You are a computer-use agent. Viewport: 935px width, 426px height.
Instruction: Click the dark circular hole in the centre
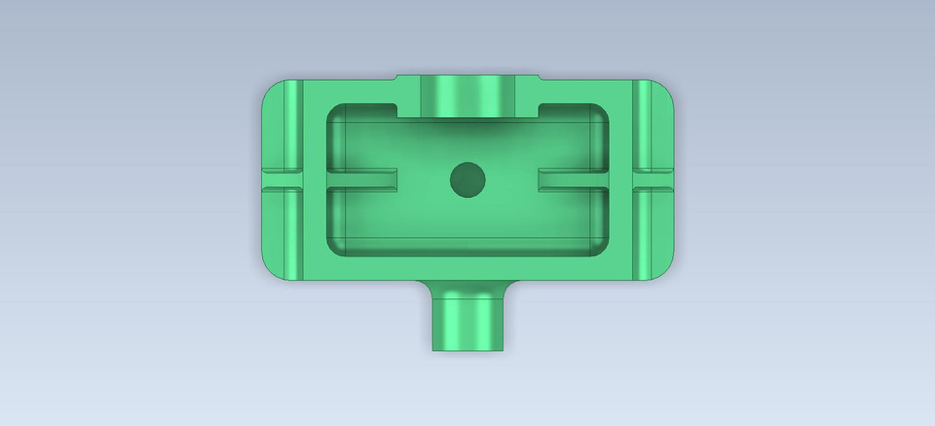(x=467, y=179)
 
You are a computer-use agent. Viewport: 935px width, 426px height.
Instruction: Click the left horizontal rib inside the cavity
(x=362, y=178)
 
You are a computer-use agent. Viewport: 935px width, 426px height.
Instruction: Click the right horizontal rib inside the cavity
(x=573, y=178)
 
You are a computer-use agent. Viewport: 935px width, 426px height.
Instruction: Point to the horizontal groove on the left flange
(x=283, y=178)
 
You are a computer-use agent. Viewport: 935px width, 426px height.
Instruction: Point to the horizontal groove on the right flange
(x=652, y=178)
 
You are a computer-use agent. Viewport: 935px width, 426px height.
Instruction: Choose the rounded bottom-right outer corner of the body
(x=663, y=268)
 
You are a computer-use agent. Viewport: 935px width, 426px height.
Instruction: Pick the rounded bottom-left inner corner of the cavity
(x=335, y=246)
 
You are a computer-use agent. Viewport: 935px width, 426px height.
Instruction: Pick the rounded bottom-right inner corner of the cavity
(x=600, y=246)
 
